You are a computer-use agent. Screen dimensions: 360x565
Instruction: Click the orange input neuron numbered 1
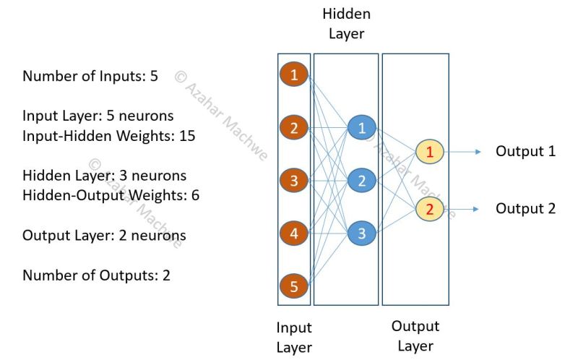(x=293, y=74)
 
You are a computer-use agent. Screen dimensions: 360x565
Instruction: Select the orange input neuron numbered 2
(x=293, y=128)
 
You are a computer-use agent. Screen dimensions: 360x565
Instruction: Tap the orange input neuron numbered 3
(x=293, y=181)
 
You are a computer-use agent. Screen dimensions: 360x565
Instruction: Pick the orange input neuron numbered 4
(x=293, y=234)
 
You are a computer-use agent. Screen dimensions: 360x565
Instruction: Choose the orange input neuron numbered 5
(x=293, y=287)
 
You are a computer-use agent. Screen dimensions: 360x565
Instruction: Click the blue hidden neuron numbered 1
(x=361, y=128)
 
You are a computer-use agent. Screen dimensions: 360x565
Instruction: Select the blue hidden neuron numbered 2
(x=361, y=181)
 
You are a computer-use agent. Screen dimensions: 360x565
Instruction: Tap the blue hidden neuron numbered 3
(x=361, y=234)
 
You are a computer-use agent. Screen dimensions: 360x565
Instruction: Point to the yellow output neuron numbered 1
(x=429, y=152)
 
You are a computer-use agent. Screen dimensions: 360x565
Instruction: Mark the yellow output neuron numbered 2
(x=429, y=209)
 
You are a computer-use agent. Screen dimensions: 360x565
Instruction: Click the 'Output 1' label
(x=525, y=151)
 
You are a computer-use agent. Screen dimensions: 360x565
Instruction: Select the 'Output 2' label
(x=525, y=208)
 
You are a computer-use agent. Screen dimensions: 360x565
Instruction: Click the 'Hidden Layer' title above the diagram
(x=346, y=24)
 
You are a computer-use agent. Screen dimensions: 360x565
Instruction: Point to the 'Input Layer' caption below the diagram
(x=293, y=337)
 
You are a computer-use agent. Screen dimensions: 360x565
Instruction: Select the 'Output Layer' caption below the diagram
(x=415, y=336)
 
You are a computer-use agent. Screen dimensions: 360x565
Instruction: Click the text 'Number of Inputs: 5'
(x=90, y=76)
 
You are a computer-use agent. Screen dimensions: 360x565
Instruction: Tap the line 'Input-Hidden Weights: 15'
(x=109, y=135)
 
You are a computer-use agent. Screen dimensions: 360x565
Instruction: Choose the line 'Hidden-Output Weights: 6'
(x=111, y=194)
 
